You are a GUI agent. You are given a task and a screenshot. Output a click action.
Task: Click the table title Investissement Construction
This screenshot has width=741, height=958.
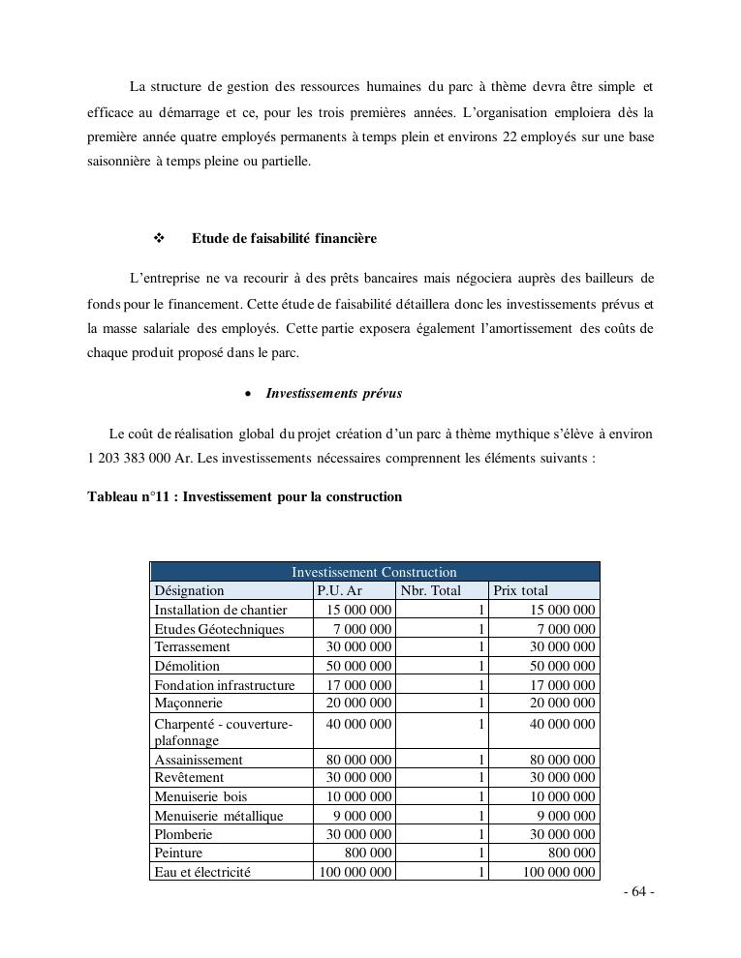374,572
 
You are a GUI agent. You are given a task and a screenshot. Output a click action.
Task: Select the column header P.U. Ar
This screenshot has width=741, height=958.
339,590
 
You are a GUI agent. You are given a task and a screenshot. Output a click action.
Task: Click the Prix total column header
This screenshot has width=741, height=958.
520,590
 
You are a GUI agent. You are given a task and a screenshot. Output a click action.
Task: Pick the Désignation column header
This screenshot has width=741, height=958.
189,590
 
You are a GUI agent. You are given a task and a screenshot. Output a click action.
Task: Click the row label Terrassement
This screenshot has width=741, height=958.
192,646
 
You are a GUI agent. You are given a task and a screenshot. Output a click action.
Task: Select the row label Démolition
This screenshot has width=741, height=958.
187,666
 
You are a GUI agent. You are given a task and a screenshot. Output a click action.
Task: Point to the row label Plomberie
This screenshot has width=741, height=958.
183,834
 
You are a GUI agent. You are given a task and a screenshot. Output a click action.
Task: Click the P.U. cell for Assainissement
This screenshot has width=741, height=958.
355,760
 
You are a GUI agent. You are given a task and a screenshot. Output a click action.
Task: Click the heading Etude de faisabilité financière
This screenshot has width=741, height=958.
284,238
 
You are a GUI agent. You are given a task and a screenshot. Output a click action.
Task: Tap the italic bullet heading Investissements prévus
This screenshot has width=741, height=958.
333,394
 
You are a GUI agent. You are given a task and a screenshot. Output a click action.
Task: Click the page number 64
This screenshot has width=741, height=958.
639,892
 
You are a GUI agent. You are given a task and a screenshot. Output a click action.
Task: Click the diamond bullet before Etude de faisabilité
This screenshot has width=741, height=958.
159,238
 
